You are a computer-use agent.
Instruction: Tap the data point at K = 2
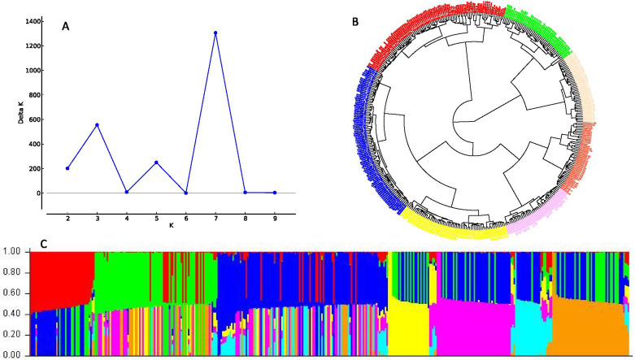tap(67, 168)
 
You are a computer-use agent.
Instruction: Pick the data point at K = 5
tap(156, 163)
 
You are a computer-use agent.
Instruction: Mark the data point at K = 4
tap(127, 192)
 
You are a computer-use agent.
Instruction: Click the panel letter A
tap(67, 27)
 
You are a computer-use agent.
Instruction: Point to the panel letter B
tap(355, 20)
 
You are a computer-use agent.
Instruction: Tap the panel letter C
tap(8, 242)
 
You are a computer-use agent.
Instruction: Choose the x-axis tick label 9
tap(275, 219)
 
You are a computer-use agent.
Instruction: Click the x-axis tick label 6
tap(186, 219)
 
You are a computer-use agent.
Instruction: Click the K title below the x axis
tap(171, 229)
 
